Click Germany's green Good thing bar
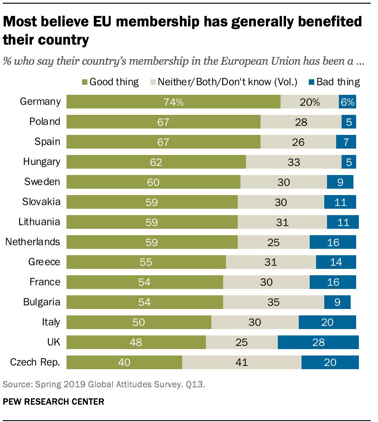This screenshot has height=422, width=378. (173, 102)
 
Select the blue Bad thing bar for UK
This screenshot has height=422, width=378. (318, 342)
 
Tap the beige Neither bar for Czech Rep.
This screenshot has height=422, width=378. (241, 362)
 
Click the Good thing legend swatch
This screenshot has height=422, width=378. (84, 82)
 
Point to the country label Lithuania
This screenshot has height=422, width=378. (39, 222)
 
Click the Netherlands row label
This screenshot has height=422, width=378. (33, 242)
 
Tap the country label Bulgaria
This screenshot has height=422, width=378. (41, 302)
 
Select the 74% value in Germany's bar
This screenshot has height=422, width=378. (174, 102)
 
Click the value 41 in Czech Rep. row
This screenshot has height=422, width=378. (241, 362)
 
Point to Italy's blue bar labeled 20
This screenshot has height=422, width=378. (327, 322)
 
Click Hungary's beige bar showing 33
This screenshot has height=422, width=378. (293, 162)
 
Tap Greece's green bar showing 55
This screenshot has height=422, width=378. (146, 262)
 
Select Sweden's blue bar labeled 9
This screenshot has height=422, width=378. (340, 182)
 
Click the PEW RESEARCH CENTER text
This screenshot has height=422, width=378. (53, 401)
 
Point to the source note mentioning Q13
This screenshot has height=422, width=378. (104, 384)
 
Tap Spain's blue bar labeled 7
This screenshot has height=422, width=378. (346, 142)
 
